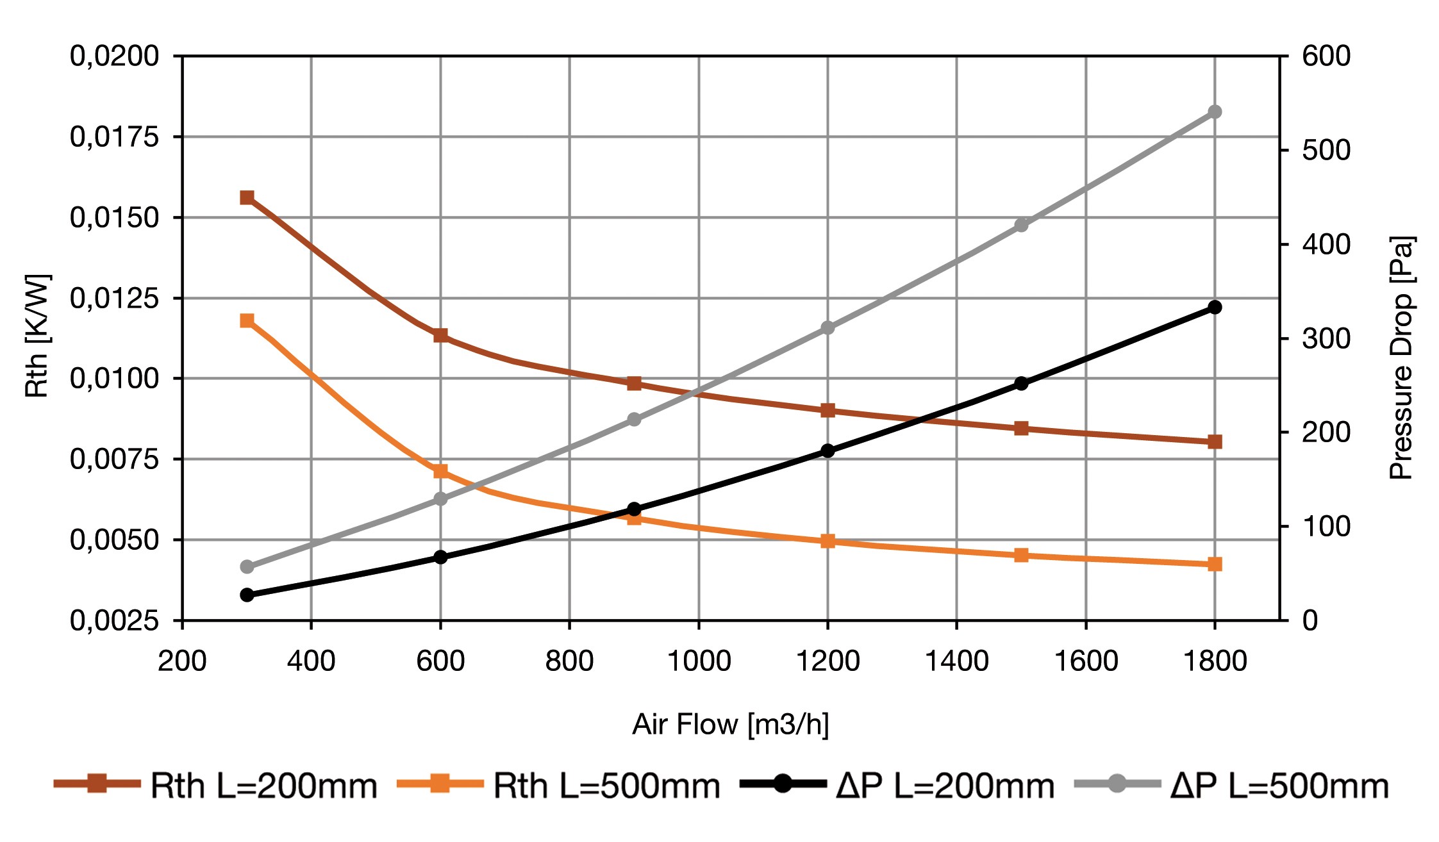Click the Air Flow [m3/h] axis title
(731, 725)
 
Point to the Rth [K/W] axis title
(37, 336)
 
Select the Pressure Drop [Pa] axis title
(1402, 358)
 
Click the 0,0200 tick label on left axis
(115, 56)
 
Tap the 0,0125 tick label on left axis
(115, 298)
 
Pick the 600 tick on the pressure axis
(1326, 56)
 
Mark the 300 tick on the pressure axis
(1326, 338)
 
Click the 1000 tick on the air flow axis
(699, 661)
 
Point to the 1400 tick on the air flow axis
(956, 661)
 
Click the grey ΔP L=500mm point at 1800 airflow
(1215, 112)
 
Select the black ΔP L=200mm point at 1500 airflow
(1021, 384)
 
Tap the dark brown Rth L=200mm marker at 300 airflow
(247, 197)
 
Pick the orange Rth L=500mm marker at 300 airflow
(247, 320)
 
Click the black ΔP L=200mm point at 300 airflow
(247, 595)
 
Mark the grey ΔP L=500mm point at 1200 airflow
(828, 328)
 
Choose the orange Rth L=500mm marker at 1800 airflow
(1215, 565)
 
